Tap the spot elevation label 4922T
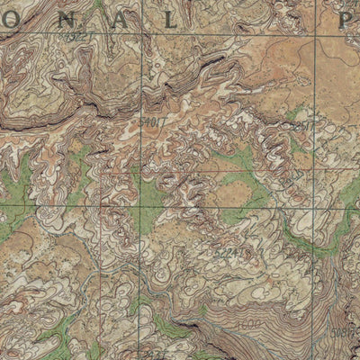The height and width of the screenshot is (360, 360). pyautogui.click(x=80, y=38)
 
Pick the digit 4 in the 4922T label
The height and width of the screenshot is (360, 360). pyautogui.click(x=69, y=38)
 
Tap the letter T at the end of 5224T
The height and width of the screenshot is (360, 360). pyautogui.click(x=239, y=255)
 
